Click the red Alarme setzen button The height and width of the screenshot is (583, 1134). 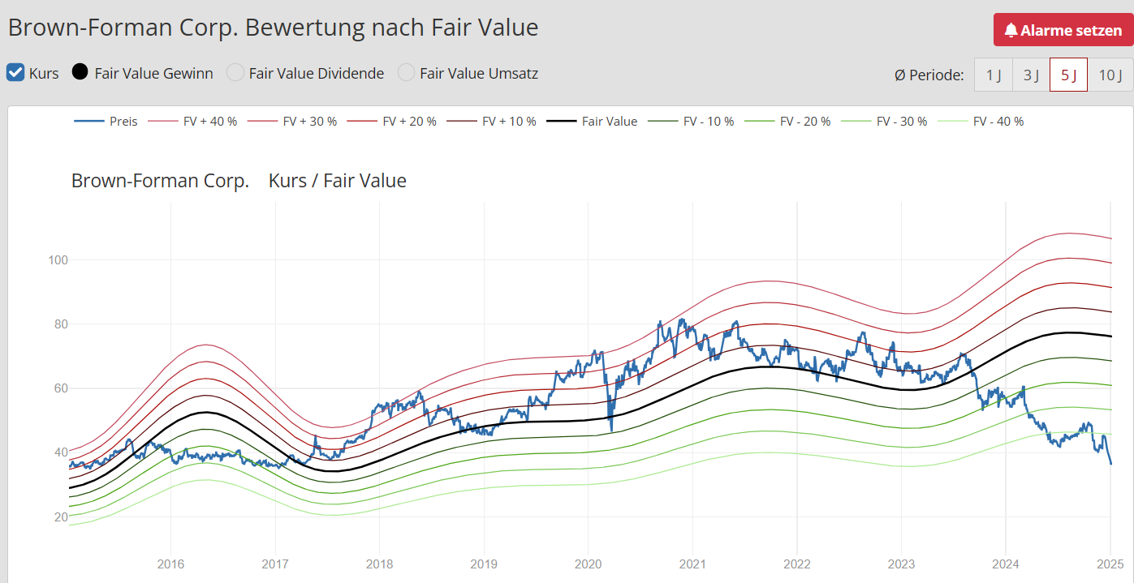click(x=1063, y=30)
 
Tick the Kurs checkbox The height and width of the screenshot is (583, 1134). click(x=15, y=73)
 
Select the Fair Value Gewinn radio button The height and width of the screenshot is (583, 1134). click(x=80, y=73)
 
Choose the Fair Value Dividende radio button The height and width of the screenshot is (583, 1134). click(x=235, y=73)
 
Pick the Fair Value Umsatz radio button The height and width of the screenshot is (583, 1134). click(x=406, y=73)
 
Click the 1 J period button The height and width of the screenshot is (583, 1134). click(x=994, y=75)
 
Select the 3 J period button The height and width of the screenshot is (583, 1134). click(x=1031, y=75)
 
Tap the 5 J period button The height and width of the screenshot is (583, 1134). click(x=1068, y=75)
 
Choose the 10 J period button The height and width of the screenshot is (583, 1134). click(x=1110, y=75)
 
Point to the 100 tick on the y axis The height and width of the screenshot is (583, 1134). click(x=59, y=260)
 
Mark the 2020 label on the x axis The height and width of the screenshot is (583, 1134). click(x=588, y=564)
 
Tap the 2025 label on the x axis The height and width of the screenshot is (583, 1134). click(x=1110, y=564)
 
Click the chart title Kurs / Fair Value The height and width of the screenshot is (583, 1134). click(x=337, y=181)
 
